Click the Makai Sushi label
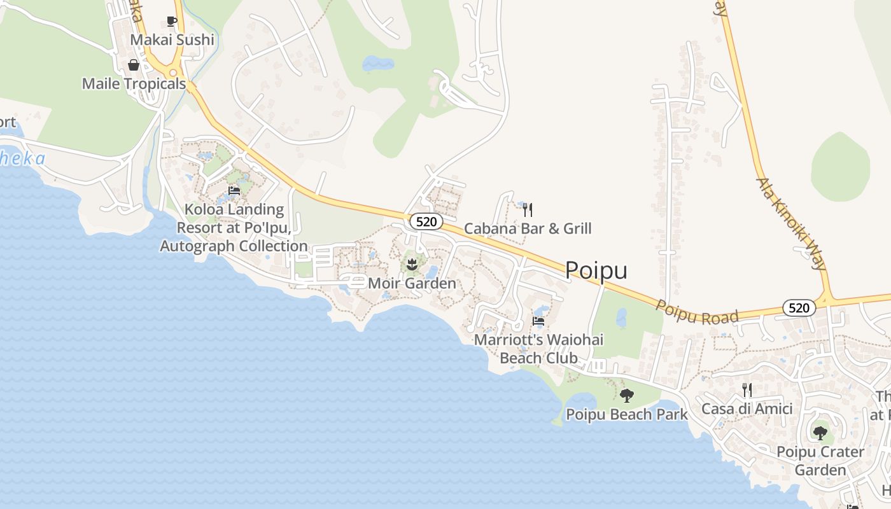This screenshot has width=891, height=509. coord(172,40)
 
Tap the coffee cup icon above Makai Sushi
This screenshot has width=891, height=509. coord(172,21)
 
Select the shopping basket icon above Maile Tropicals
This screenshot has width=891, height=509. coord(134,65)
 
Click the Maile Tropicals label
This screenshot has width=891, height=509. coord(134,84)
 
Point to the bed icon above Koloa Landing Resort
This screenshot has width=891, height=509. coord(234,191)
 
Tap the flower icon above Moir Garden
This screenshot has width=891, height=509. coord(412,264)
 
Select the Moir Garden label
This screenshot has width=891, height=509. coord(412,283)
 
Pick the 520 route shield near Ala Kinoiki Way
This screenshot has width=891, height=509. coord(798,308)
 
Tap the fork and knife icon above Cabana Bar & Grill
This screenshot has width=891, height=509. coord(527,209)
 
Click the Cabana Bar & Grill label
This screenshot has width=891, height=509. coord(527,228)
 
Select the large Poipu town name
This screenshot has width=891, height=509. coord(596,270)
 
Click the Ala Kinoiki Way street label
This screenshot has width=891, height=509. coord(790,223)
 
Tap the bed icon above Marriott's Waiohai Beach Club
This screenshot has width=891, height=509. coord(538,321)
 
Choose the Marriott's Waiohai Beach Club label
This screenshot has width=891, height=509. coord(538,349)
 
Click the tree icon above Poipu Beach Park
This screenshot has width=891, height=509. coord(626,396)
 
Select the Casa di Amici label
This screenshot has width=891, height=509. coord(747,409)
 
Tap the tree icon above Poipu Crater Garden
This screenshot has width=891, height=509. coord(820,433)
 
